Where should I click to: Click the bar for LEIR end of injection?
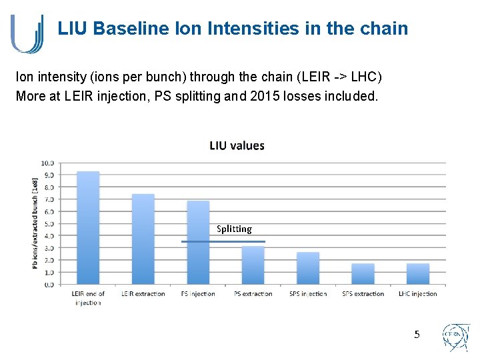[x=88, y=228]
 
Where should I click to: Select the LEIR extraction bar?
[x=143, y=239]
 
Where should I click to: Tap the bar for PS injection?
[x=198, y=243]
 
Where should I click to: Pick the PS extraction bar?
[x=253, y=265]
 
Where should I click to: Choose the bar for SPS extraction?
[x=363, y=274]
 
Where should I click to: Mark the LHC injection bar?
[x=418, y=274]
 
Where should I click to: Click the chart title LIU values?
[x=237, y=145]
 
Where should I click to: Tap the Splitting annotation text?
[x=234, y=229]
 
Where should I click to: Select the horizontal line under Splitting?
[x=223, y=241]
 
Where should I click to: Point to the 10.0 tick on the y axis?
[x=48, y=163]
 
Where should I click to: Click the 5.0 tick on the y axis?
[x=48, y=223]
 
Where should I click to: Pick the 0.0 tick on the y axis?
[x=48, y=285]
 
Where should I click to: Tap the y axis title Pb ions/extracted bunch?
[x=35, y=223]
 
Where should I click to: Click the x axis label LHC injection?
[x=418, y=294]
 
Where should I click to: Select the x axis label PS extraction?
[x=253, y=294]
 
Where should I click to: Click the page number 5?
[x=417, y=334]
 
